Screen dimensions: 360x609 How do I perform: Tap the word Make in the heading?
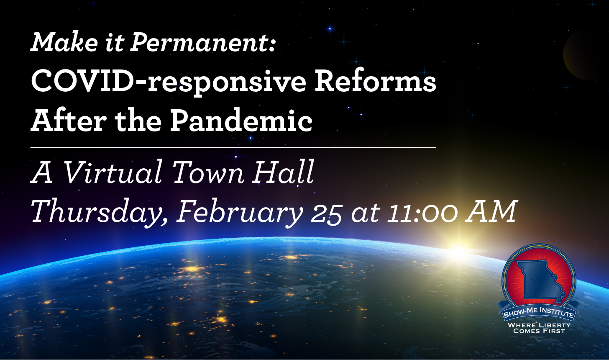point(57,42)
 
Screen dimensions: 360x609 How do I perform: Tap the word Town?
point(208,172)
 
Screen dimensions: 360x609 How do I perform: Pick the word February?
point(240,213)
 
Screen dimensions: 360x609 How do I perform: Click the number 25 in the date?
point(327,213)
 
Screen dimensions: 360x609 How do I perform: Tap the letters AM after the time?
point(491,212)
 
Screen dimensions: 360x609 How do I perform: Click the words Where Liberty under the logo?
point(539,325)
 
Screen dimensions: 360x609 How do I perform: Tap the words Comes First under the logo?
point(539,331)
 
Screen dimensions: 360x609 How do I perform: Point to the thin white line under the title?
point(233,147)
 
